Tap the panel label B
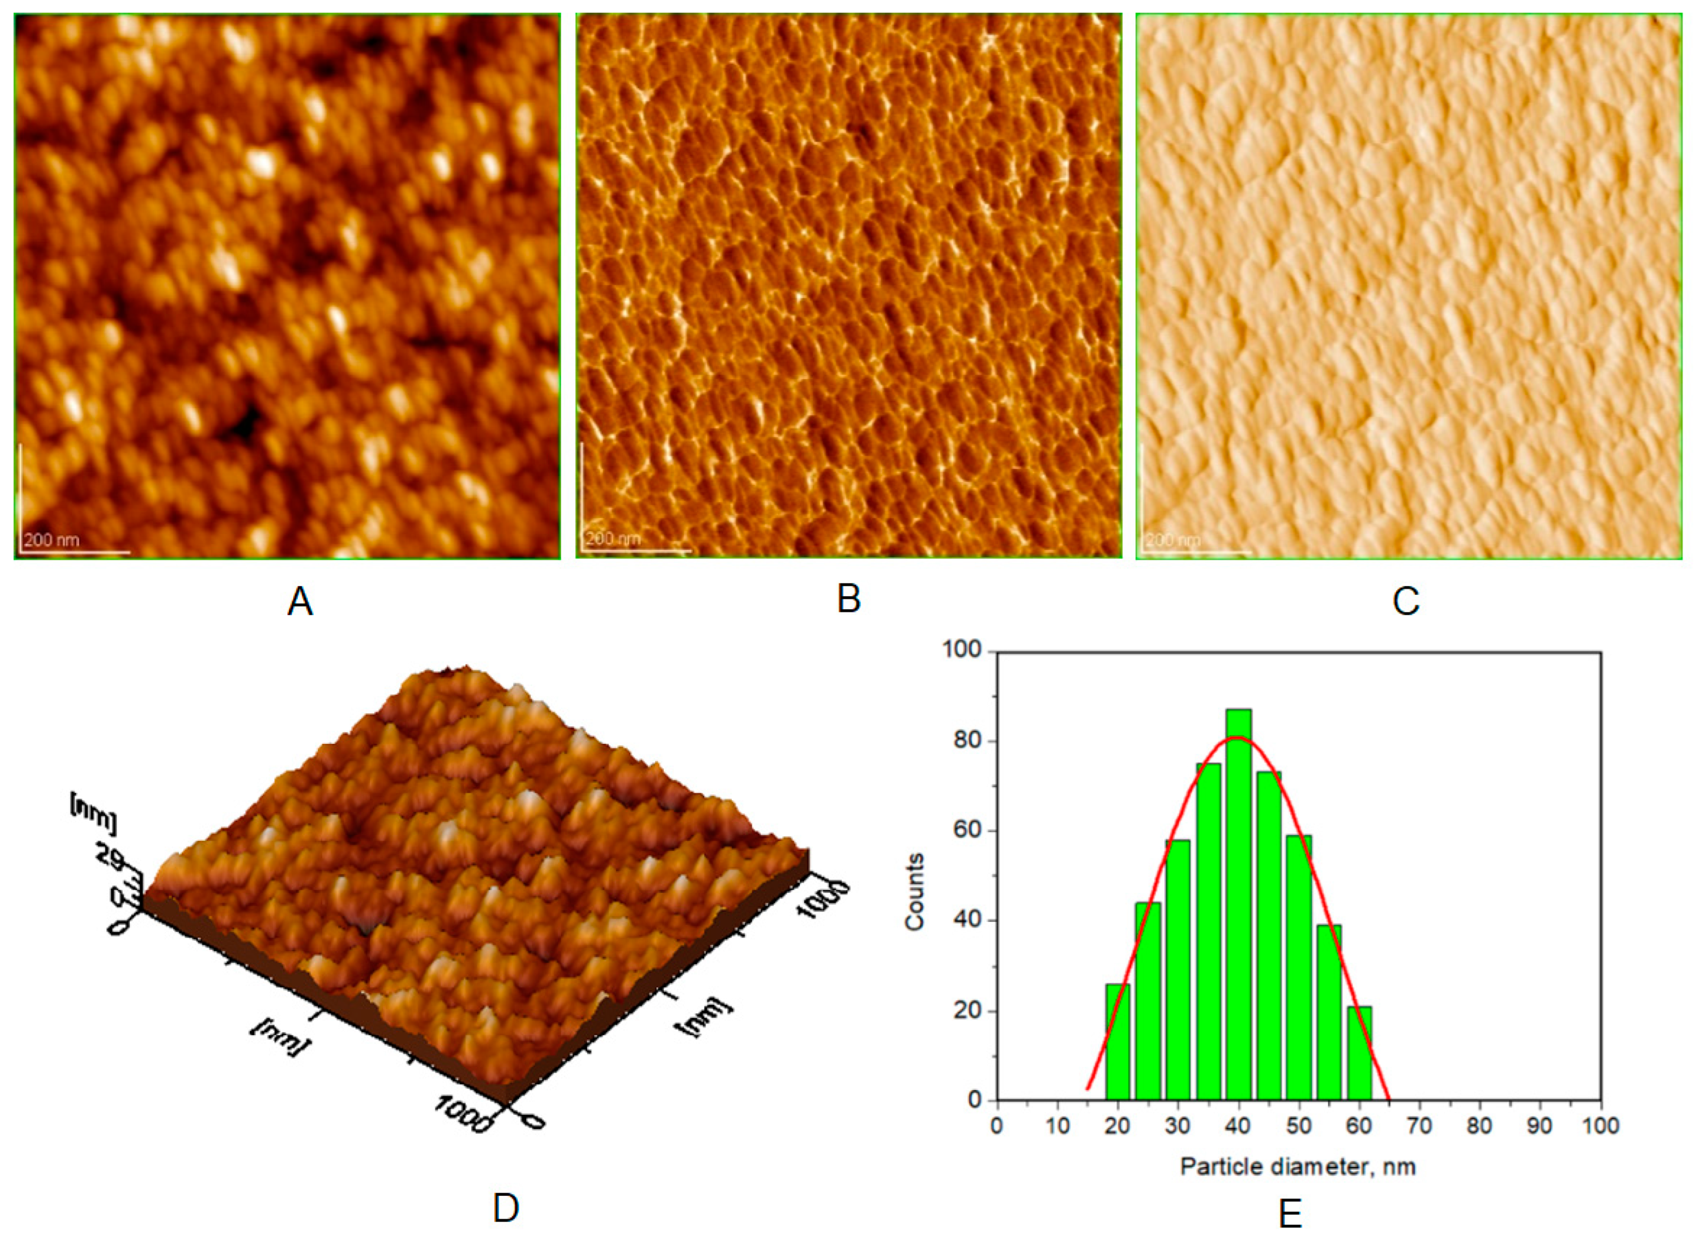pyautogui.click(x=848, y=599)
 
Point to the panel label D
pyautogui.click(x=506, y=1207)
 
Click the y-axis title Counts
pyautogui.click(x=915, y=891)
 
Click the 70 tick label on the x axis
pyautogui.click(x=1420, y=1125)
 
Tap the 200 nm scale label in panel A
pyautogui.click(x=51, y=539)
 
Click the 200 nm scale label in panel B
pyautogui.click(x=613, y=539)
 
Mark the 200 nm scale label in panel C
pyautogui.click(x=1173, y=539)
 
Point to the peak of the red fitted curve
pyautogui.click(x=1238, y=737)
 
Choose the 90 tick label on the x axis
pyautogui.click(x=1540, y=1125)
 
